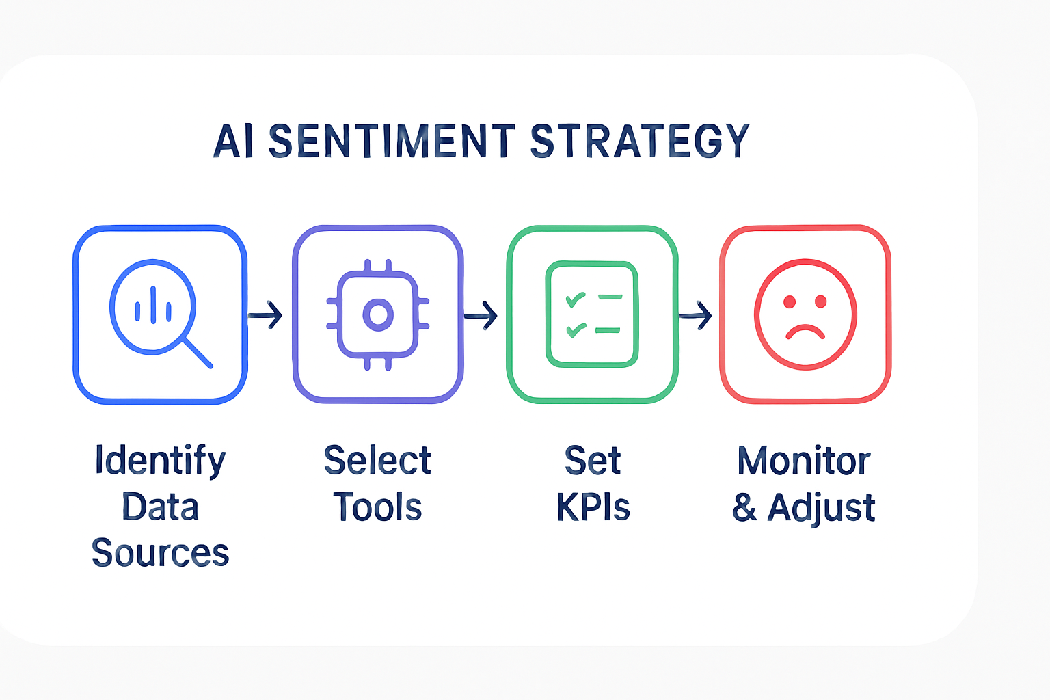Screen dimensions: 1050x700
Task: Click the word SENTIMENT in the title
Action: pos(392,140)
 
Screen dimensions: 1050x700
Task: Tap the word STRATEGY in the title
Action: pos(640,141)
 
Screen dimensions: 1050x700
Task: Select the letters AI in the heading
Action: pos(233,141)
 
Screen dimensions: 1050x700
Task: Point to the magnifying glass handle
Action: pos(198,353)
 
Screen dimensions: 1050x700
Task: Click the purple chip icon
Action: pos(378,314)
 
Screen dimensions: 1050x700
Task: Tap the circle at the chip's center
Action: pos(378,314)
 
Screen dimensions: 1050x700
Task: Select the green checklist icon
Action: pos(591,314)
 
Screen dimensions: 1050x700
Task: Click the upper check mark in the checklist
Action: pos(575,299)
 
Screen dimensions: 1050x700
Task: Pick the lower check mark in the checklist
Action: pos(576,329)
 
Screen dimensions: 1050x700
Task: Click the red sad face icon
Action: pos(805,314)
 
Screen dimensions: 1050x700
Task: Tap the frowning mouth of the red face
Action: pos(805,331)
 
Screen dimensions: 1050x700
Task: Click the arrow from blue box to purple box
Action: pos(265,314)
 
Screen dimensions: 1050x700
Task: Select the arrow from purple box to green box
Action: pos(481,316)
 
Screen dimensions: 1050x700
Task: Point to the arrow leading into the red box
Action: pos(695,316)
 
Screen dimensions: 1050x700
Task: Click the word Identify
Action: pos(161,461)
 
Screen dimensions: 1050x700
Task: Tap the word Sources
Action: pos(161,552)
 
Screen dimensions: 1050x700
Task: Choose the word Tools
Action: pos(377,507)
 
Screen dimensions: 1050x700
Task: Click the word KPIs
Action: pos(593,507)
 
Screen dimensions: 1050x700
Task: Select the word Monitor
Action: pos(804,461)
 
